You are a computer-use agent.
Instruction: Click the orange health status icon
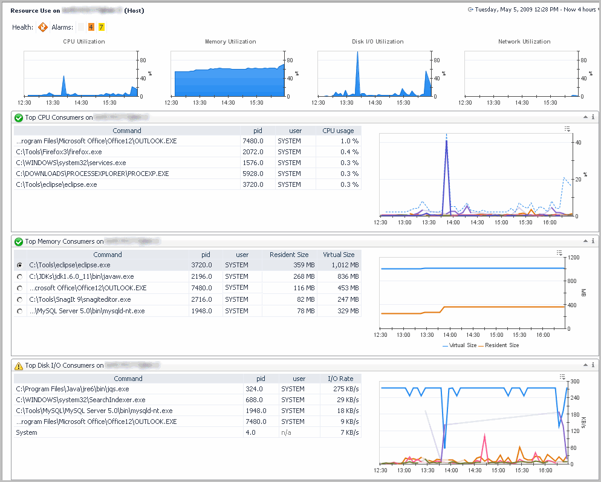tap(43, 27)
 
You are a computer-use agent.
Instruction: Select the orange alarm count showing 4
tap(91, 27)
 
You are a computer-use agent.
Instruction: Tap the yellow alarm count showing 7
tap(101, 27)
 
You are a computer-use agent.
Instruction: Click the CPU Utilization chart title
tap(84, 42)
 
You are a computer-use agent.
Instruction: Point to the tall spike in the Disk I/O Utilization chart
tap(357, 67)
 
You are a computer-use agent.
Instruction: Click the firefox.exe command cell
tap(59, 152)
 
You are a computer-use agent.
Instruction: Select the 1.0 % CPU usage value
tap(349, 141)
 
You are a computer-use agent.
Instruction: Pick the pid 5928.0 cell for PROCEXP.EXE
tap(253, 174)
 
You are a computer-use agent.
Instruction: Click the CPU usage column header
tap(338, 131)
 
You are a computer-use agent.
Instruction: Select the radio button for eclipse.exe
tap(21, 265)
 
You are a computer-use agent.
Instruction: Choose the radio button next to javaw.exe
tap(21, 277)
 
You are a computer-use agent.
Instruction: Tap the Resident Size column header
tap(289, 255)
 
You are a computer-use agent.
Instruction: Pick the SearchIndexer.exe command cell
tap(80, 400)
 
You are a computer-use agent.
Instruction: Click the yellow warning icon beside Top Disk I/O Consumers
tap(18, 365)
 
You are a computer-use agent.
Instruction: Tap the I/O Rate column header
tap(340, 379)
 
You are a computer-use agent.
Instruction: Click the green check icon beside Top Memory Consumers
tap(18, 241)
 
